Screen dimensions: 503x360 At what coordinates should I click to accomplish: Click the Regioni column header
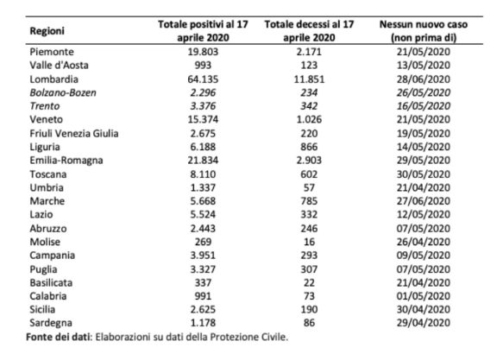click(x=47, y=31)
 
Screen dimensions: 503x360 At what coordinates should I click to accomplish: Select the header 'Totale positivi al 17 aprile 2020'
click(x=203, y=31)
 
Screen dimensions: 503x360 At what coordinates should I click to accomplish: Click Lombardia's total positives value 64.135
click(x=203, y=79)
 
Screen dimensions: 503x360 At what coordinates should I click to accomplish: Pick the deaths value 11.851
click(x=309, y=79)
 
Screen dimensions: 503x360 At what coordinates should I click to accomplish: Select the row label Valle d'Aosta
click(x=59, y=65)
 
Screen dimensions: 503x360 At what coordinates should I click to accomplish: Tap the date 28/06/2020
click(x=424, y=79)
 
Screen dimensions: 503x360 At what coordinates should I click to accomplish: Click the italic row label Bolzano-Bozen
click(x=63, y=92)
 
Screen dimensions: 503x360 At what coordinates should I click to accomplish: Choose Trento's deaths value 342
click(x=309, y=106)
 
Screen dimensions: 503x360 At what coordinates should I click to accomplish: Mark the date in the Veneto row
click(x=424, y=119)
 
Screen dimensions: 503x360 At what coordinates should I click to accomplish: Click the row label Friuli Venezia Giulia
click(x=74, y=133)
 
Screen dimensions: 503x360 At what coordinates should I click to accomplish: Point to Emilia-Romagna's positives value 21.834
click(x=203, y=160)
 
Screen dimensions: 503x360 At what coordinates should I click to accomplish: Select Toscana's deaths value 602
click(x=309, y=174)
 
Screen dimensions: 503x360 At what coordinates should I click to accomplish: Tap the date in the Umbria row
click(x=424, y=187)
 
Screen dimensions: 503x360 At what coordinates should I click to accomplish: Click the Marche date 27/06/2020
click(x=424, y=201)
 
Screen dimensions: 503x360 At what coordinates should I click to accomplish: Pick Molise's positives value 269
click(x=203, y=242)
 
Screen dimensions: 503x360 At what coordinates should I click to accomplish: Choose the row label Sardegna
click(x=51, y=323)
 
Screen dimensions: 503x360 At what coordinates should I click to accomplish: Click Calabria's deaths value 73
click(x=309, y=296)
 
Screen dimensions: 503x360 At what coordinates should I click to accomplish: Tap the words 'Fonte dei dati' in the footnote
click(x=58, y=337)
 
